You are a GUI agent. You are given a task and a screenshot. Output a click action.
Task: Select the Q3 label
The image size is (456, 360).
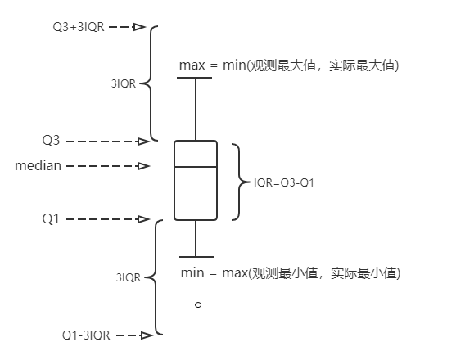click(x=51, y=141)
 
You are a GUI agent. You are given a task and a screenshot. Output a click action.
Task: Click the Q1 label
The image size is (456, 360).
click(x=51, y=219)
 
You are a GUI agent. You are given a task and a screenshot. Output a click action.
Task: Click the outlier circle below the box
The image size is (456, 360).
click(x=197, y=304)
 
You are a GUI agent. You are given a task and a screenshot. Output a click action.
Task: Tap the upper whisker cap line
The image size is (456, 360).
click(x=196, y=78)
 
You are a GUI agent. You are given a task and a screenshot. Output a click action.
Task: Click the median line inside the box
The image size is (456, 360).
click(x=196, y=167)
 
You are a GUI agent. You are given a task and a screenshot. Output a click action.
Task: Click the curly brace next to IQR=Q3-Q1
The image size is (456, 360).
click(x=237, y=182)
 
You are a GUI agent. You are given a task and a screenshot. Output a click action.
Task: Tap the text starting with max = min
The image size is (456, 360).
click(x=288, y=65)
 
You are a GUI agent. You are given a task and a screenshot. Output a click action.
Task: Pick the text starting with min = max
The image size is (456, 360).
click(x=290, y=272)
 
